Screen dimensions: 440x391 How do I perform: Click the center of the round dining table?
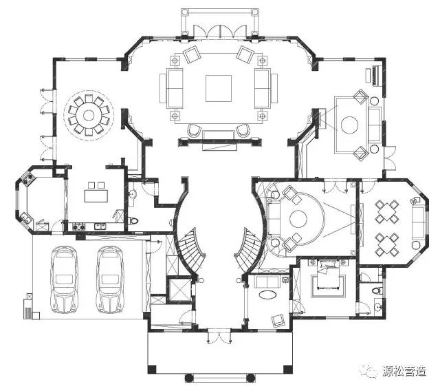(89, 115)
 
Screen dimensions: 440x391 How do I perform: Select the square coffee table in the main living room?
(219, 88)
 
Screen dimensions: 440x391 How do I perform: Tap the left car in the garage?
(64, 279)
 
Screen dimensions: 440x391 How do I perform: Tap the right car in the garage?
(110, 279)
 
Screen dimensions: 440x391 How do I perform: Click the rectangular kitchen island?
(96, 195)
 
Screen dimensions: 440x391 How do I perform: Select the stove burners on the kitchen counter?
(78, 226)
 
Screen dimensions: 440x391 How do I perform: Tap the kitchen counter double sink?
(100, 226)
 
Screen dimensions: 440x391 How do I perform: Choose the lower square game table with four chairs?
(387, 244)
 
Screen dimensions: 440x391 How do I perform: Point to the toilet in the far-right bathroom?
(377, 290)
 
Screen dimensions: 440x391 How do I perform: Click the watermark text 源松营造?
(405, 371)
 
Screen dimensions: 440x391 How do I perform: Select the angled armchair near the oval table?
(278, 321)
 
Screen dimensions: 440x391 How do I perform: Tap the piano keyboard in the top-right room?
(376, 75)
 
